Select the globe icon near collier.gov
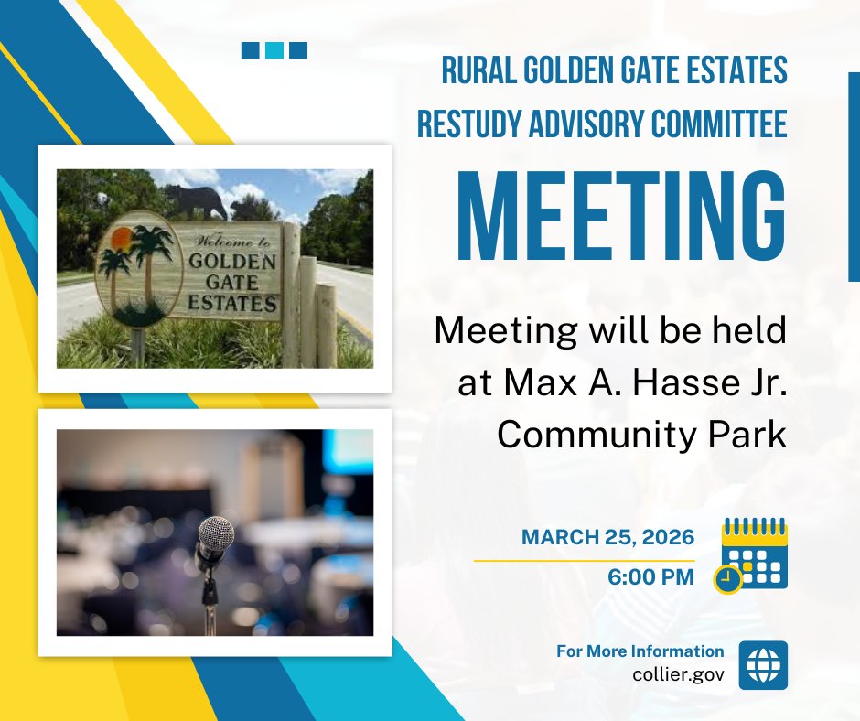click(762, 666)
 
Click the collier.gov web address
click(678, 674)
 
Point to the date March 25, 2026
click(607, 537)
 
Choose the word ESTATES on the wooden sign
click(231, 303)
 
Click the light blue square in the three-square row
click(274, 50)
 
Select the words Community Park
click(641, 435)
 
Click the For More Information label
click(640, 651)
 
